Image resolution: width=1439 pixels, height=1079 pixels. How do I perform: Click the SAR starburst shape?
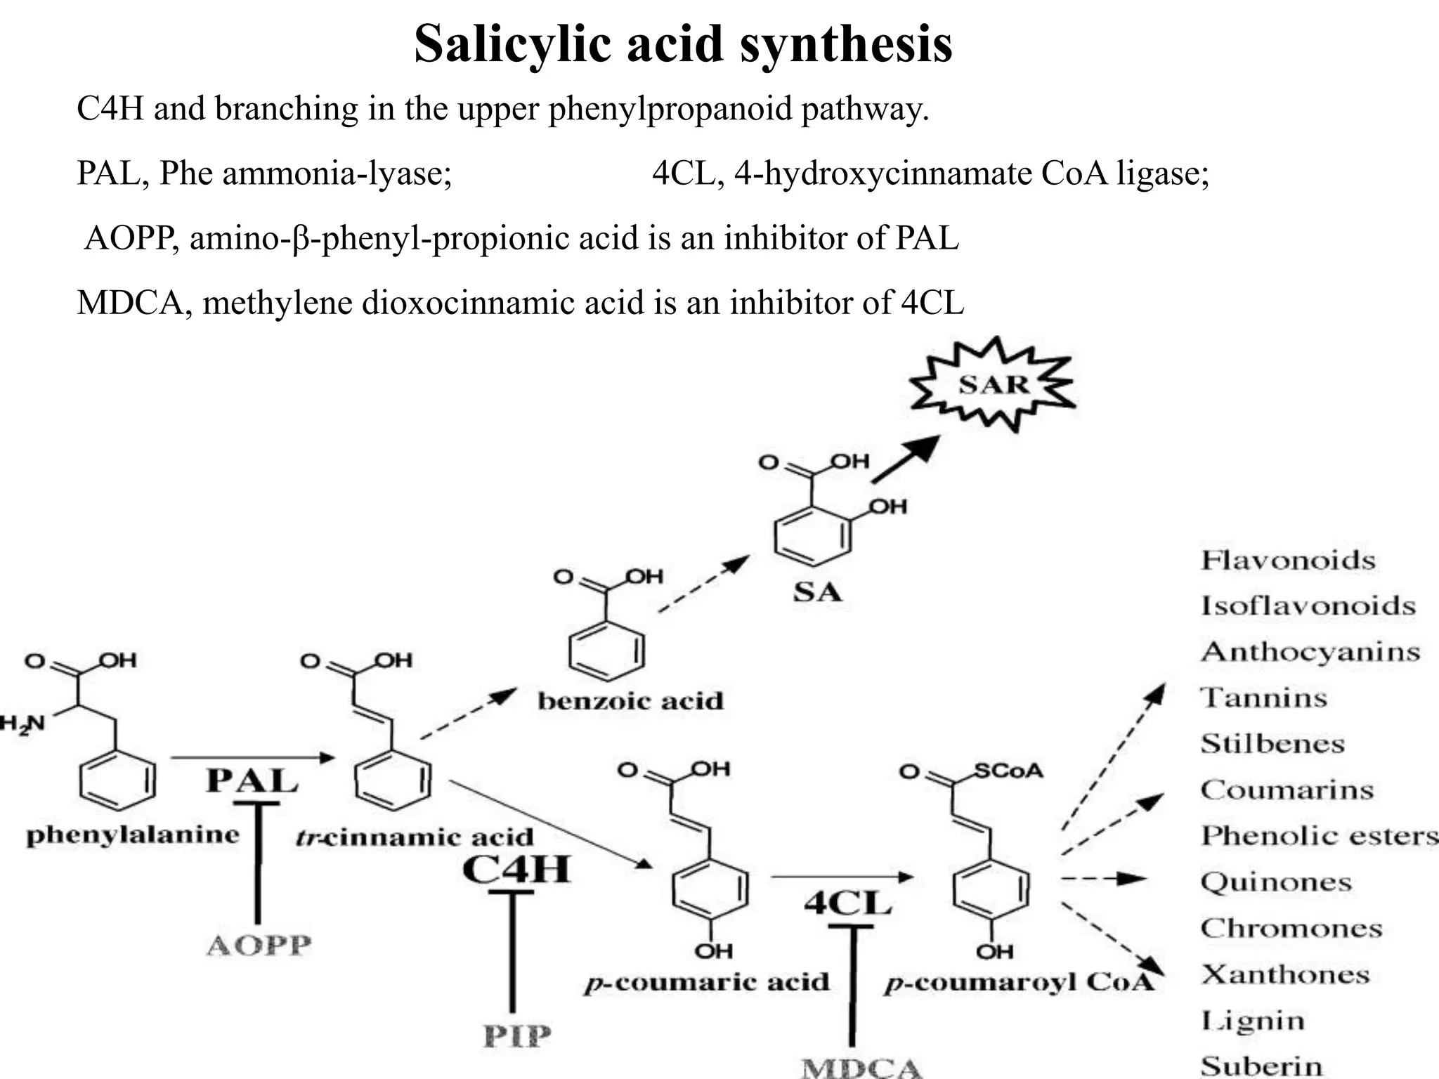click(x=993, y=385)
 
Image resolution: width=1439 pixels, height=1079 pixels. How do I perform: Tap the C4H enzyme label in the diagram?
click(x=516, y=870)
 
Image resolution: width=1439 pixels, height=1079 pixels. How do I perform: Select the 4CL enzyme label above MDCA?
click(x=848, y=903)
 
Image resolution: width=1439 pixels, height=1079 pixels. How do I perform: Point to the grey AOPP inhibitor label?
click(x=259, y=946)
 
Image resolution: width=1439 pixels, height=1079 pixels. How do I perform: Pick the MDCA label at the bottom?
click(x=861, y=1068)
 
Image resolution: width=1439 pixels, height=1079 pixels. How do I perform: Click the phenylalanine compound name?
click(x=133, y=835)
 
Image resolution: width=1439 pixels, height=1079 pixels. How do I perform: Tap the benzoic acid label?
click(x=630, y=701)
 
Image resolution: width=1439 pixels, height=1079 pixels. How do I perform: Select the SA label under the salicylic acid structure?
click(x=817, y=592)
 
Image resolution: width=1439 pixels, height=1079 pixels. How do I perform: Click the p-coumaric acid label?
click(x=707, y=981)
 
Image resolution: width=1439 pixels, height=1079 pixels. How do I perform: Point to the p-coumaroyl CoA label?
click(x=1019, y=982)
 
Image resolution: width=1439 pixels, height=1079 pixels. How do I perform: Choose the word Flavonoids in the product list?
click(x=1288, y=561)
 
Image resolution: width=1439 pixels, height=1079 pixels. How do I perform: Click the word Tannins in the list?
click(x=1263, y=698)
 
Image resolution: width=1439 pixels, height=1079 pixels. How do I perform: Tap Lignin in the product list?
click(x=1252, y=1021)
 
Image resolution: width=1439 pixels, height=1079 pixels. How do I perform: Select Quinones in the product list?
click(x=1275, y=882)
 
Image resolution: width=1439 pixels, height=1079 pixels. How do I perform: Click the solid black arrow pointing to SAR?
click(x=906, y=459)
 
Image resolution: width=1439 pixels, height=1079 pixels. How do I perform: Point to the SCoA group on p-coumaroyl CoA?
click(x=1008, y=771)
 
